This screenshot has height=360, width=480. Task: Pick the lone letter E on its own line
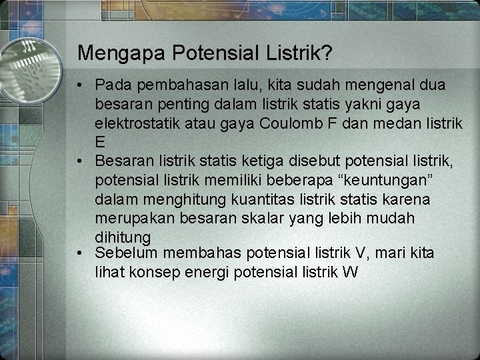[x=101, y=142]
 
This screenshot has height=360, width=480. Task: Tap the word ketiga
[x=272, y=161]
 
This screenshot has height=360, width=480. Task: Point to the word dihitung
[x=123, y=237]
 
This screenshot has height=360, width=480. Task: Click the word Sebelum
[x=129, y=253]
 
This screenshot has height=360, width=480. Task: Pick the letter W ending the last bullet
[x=351, y=272]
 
